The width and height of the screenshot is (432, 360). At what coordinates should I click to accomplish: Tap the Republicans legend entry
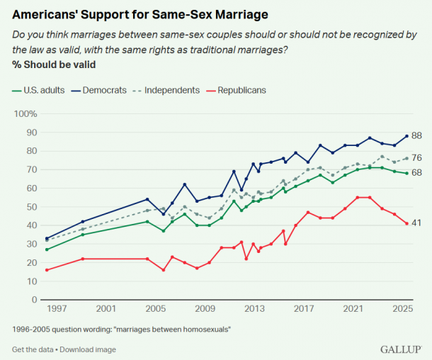pyautogui.click(x=241, y=90)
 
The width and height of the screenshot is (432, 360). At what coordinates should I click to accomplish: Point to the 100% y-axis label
pyautogui.click(x=25, y=114)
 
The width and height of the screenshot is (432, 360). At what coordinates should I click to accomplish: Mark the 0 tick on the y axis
pyautogui.click(x=33, y=300)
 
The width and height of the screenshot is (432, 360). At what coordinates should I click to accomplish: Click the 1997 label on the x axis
pyautogui.click(x=56, y=309)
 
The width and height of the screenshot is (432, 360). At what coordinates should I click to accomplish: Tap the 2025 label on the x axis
pyautogui.click(x=402, y=309)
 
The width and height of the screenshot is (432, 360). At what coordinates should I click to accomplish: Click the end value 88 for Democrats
pyautogui.click(x=417, y=136)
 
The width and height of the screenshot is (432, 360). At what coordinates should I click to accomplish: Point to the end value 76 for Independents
pyautogui.click(x=417, y=158)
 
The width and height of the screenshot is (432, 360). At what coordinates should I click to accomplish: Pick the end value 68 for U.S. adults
pyautogui.click(x=417, y=173)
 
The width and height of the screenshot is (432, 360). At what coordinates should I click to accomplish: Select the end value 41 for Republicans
pyautogui.click(x=417, y=223)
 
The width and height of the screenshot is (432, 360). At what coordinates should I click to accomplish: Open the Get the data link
pyautogui.click(x=33, y=349)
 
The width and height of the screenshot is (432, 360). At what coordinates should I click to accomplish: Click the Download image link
pyautogui.click(x=89, y=349)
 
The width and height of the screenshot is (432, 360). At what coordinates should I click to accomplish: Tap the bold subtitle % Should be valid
pyautogui.click(x=54, y=64)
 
